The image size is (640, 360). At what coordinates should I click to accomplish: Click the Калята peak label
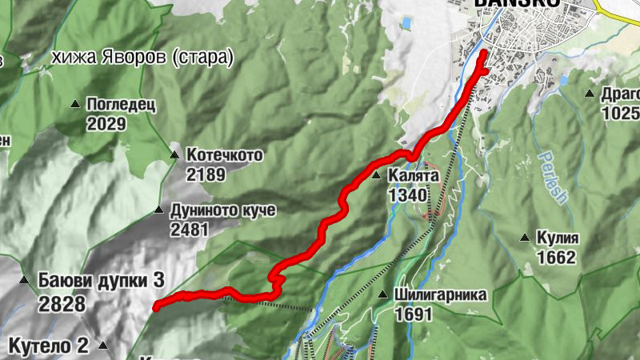point(414,175)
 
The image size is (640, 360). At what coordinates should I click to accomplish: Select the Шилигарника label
point(440,294)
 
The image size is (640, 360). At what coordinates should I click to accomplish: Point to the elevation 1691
point(413,314)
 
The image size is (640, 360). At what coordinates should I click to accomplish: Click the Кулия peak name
point(558,238)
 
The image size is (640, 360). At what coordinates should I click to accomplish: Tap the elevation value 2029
point(106,123)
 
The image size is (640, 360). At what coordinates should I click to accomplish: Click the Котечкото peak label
point(224,154)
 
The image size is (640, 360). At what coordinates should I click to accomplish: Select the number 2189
point(205,174)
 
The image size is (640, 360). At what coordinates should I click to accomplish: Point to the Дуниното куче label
point(222,210)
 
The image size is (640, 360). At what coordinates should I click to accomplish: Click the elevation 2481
point(189,230)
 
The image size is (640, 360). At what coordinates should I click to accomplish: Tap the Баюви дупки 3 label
point(101,281)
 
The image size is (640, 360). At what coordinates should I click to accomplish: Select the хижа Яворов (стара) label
point(142,58)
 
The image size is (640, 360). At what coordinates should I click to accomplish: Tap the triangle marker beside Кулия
point(525,238)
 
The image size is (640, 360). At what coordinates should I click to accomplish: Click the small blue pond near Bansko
point(406,24)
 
